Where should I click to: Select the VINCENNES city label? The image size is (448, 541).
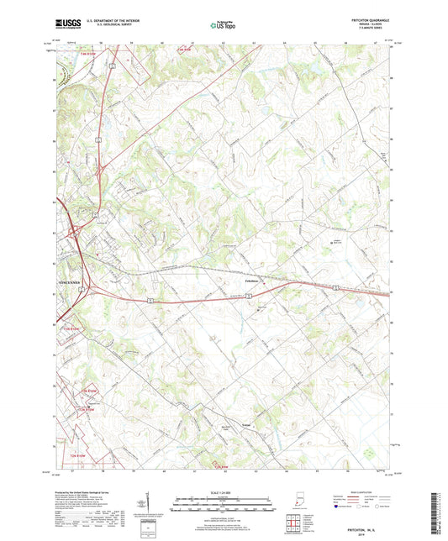[x=67, y=282]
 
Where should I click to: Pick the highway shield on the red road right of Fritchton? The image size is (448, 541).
[x=335, y=286]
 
